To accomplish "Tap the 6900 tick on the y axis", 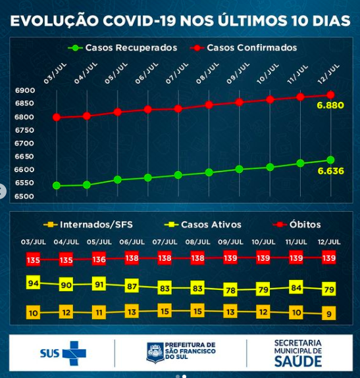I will (24, 91).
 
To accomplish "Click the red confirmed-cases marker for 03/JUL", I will (57, 118).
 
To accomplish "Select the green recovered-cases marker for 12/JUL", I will (330, 160).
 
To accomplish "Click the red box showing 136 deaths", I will (99, 259).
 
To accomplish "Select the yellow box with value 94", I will (33, 283).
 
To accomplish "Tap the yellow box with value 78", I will (230, 290).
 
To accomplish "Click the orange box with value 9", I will (329, 314).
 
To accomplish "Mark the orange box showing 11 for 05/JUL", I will (99, 312).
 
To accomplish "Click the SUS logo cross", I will (74, 353).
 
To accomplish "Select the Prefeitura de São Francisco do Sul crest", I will (156, 353).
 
